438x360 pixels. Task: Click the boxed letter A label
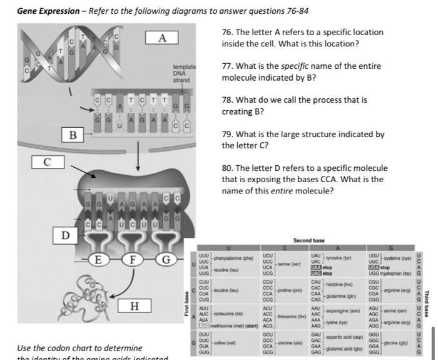pyautogui.click(x=162, y=38)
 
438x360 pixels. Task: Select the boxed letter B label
pyautogui.click(x=73, y=135)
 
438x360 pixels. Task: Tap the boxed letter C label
pyautogui.click(x=47, y=162)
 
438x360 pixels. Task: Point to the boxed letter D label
pyautogui.click(x=65, y=235)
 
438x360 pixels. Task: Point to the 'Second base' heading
pyautogui.click(x=309, y=240)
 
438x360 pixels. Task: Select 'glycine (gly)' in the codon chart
pyautogui.click(x=397, y=343)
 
